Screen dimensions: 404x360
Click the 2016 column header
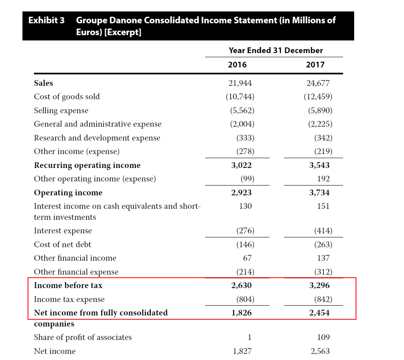tap(237, 65)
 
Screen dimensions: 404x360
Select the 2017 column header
tap(315, 65)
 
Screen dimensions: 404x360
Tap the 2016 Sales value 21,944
tap(240, 83)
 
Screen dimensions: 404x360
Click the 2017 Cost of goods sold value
tap(318, 96)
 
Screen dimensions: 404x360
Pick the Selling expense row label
tap(61, 111)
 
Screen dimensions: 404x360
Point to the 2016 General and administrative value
tap(242, 124)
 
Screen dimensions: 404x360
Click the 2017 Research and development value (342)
tap(324, 138)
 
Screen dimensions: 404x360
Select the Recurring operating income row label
tap(87, 165)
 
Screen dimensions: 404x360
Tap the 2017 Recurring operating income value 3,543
tap(319, 165)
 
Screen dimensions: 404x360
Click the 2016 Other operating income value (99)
tap(248, 179)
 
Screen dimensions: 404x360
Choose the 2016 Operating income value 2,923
tap(241, 192)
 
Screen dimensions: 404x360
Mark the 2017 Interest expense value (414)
tap(324, 230)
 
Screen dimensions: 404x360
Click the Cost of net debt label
tap(62, 244)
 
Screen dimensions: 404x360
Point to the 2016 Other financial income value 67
tap(248, 258)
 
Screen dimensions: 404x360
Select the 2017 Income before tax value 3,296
tap(319, 285)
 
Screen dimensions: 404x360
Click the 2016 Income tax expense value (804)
tap(245, 299)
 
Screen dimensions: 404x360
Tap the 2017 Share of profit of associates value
tap(324, 337)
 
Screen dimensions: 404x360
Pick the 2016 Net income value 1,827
tap(242, 351)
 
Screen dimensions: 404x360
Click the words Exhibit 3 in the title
tap(47, 20)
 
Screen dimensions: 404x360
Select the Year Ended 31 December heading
tap(276, 50)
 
